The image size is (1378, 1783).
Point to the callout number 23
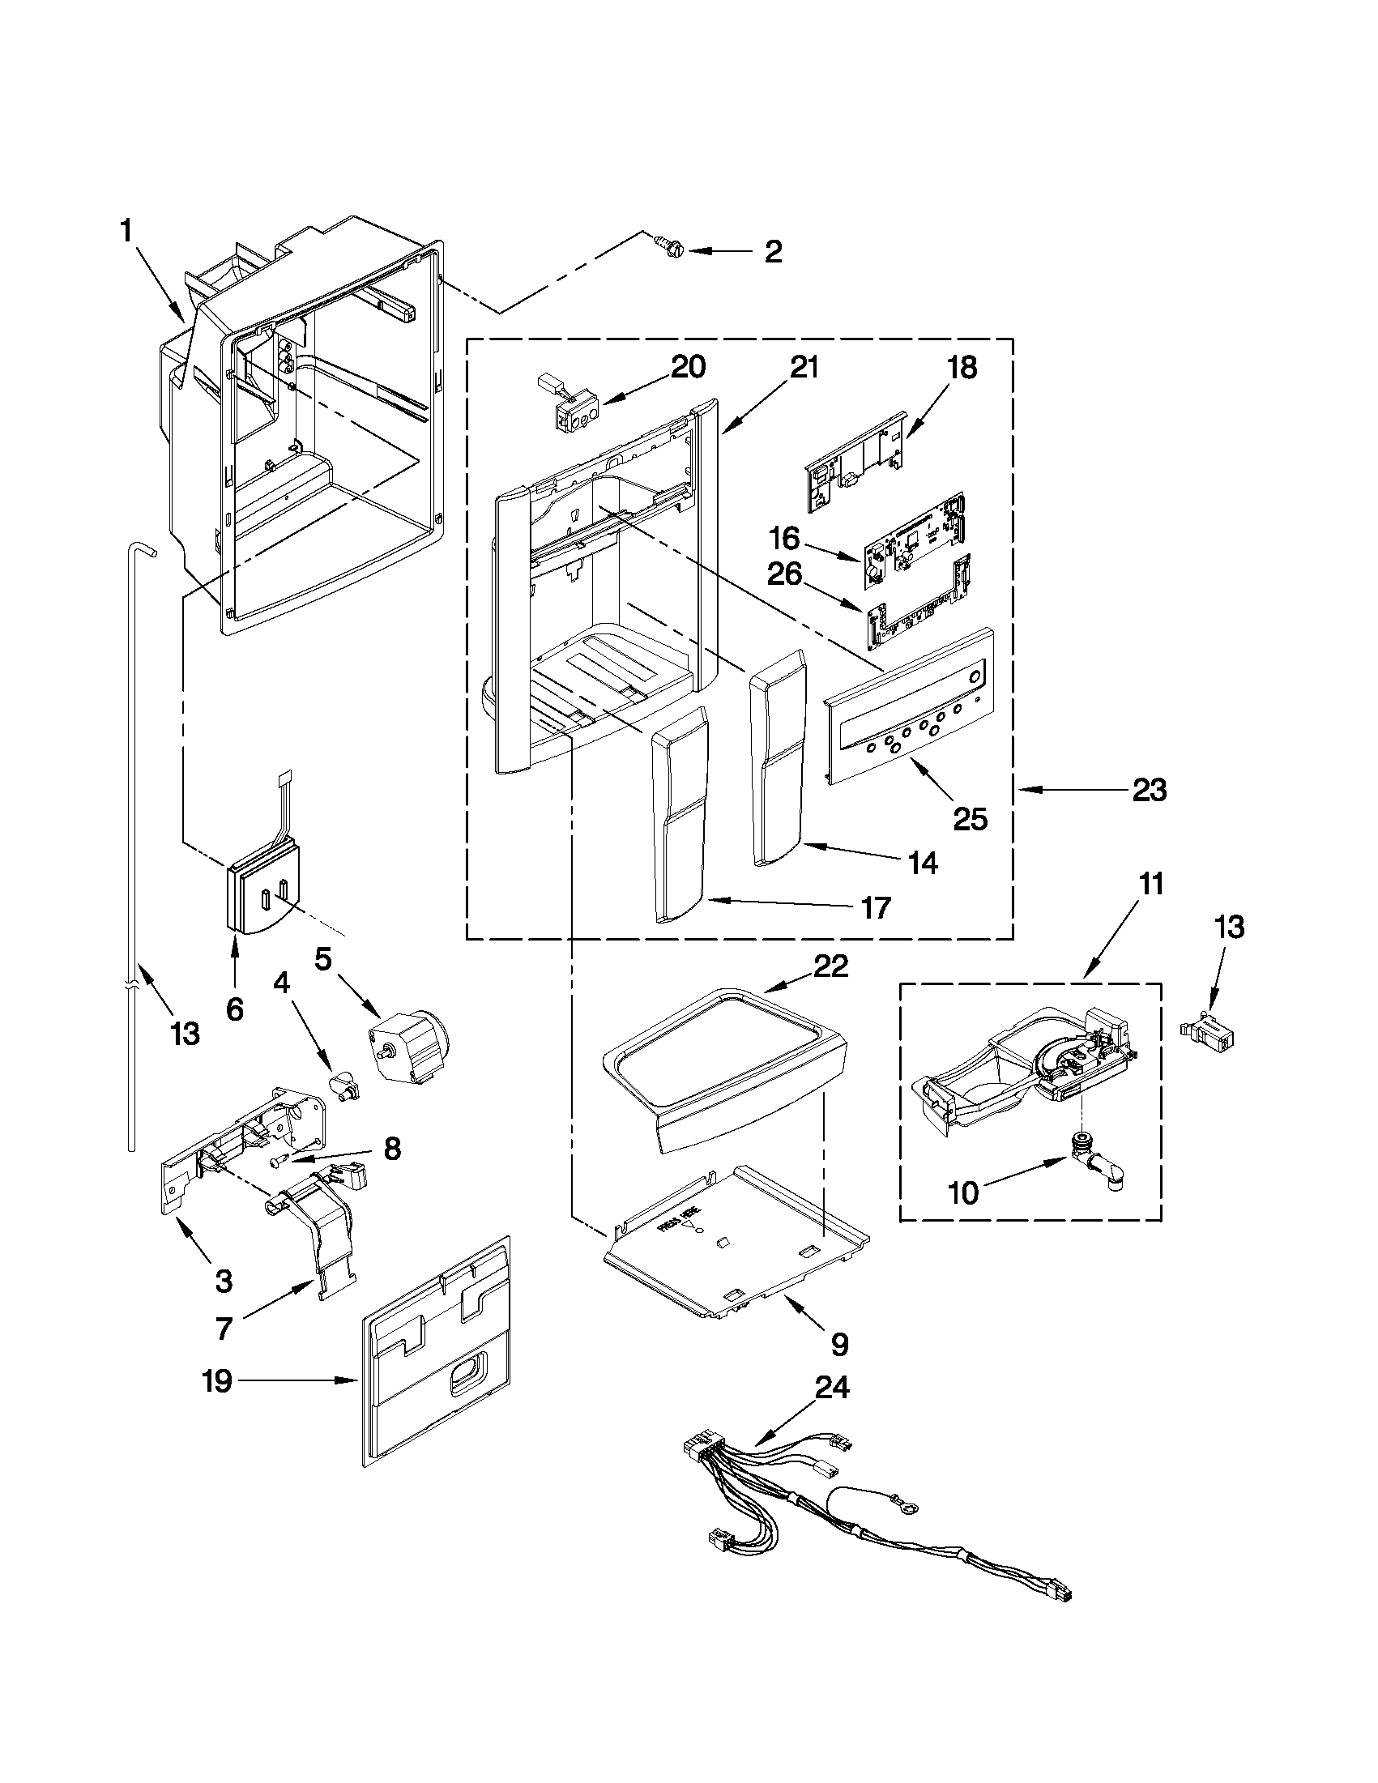[1149, 791]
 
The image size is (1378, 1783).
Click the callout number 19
[218, 1382]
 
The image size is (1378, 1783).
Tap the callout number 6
[234, 1010]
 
